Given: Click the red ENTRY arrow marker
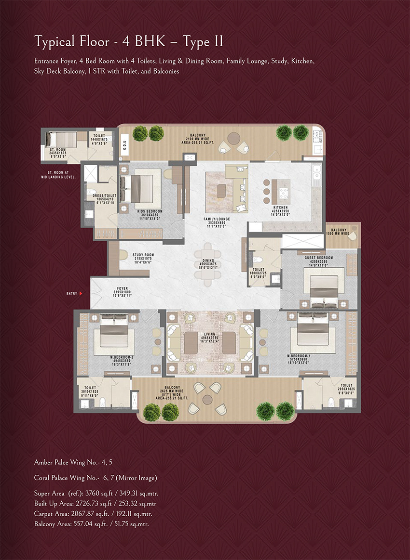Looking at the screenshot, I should [x=81, y=293].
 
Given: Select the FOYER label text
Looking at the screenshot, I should [x=109, y=291].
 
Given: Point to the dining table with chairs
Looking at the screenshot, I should [x=205, y=260].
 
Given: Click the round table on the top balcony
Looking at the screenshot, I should [x=233, y=138].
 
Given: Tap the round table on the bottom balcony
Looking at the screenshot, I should [x=207, y=399].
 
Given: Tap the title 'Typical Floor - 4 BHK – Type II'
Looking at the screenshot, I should [x=128, y=42].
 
